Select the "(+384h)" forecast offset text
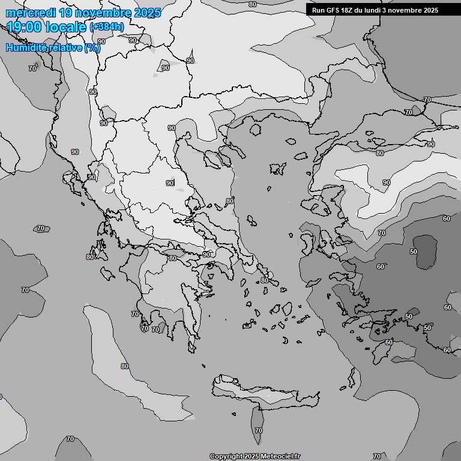click(x=107, y=27)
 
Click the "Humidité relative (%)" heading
click(x=53, y=48)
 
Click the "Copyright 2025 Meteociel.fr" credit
click(x=255, y=456)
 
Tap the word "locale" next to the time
click(x=65, y=27)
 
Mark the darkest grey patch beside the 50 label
click(x=426, y=251)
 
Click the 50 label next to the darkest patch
click(x=413, y=251)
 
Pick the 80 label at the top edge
click(x=252, y=4)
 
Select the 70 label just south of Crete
click(x=258, y=430)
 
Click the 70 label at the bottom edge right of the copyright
click(x=376, y=456)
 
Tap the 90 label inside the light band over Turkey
click(x=386, y=182)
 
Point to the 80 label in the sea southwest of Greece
click(x=125, y=366)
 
